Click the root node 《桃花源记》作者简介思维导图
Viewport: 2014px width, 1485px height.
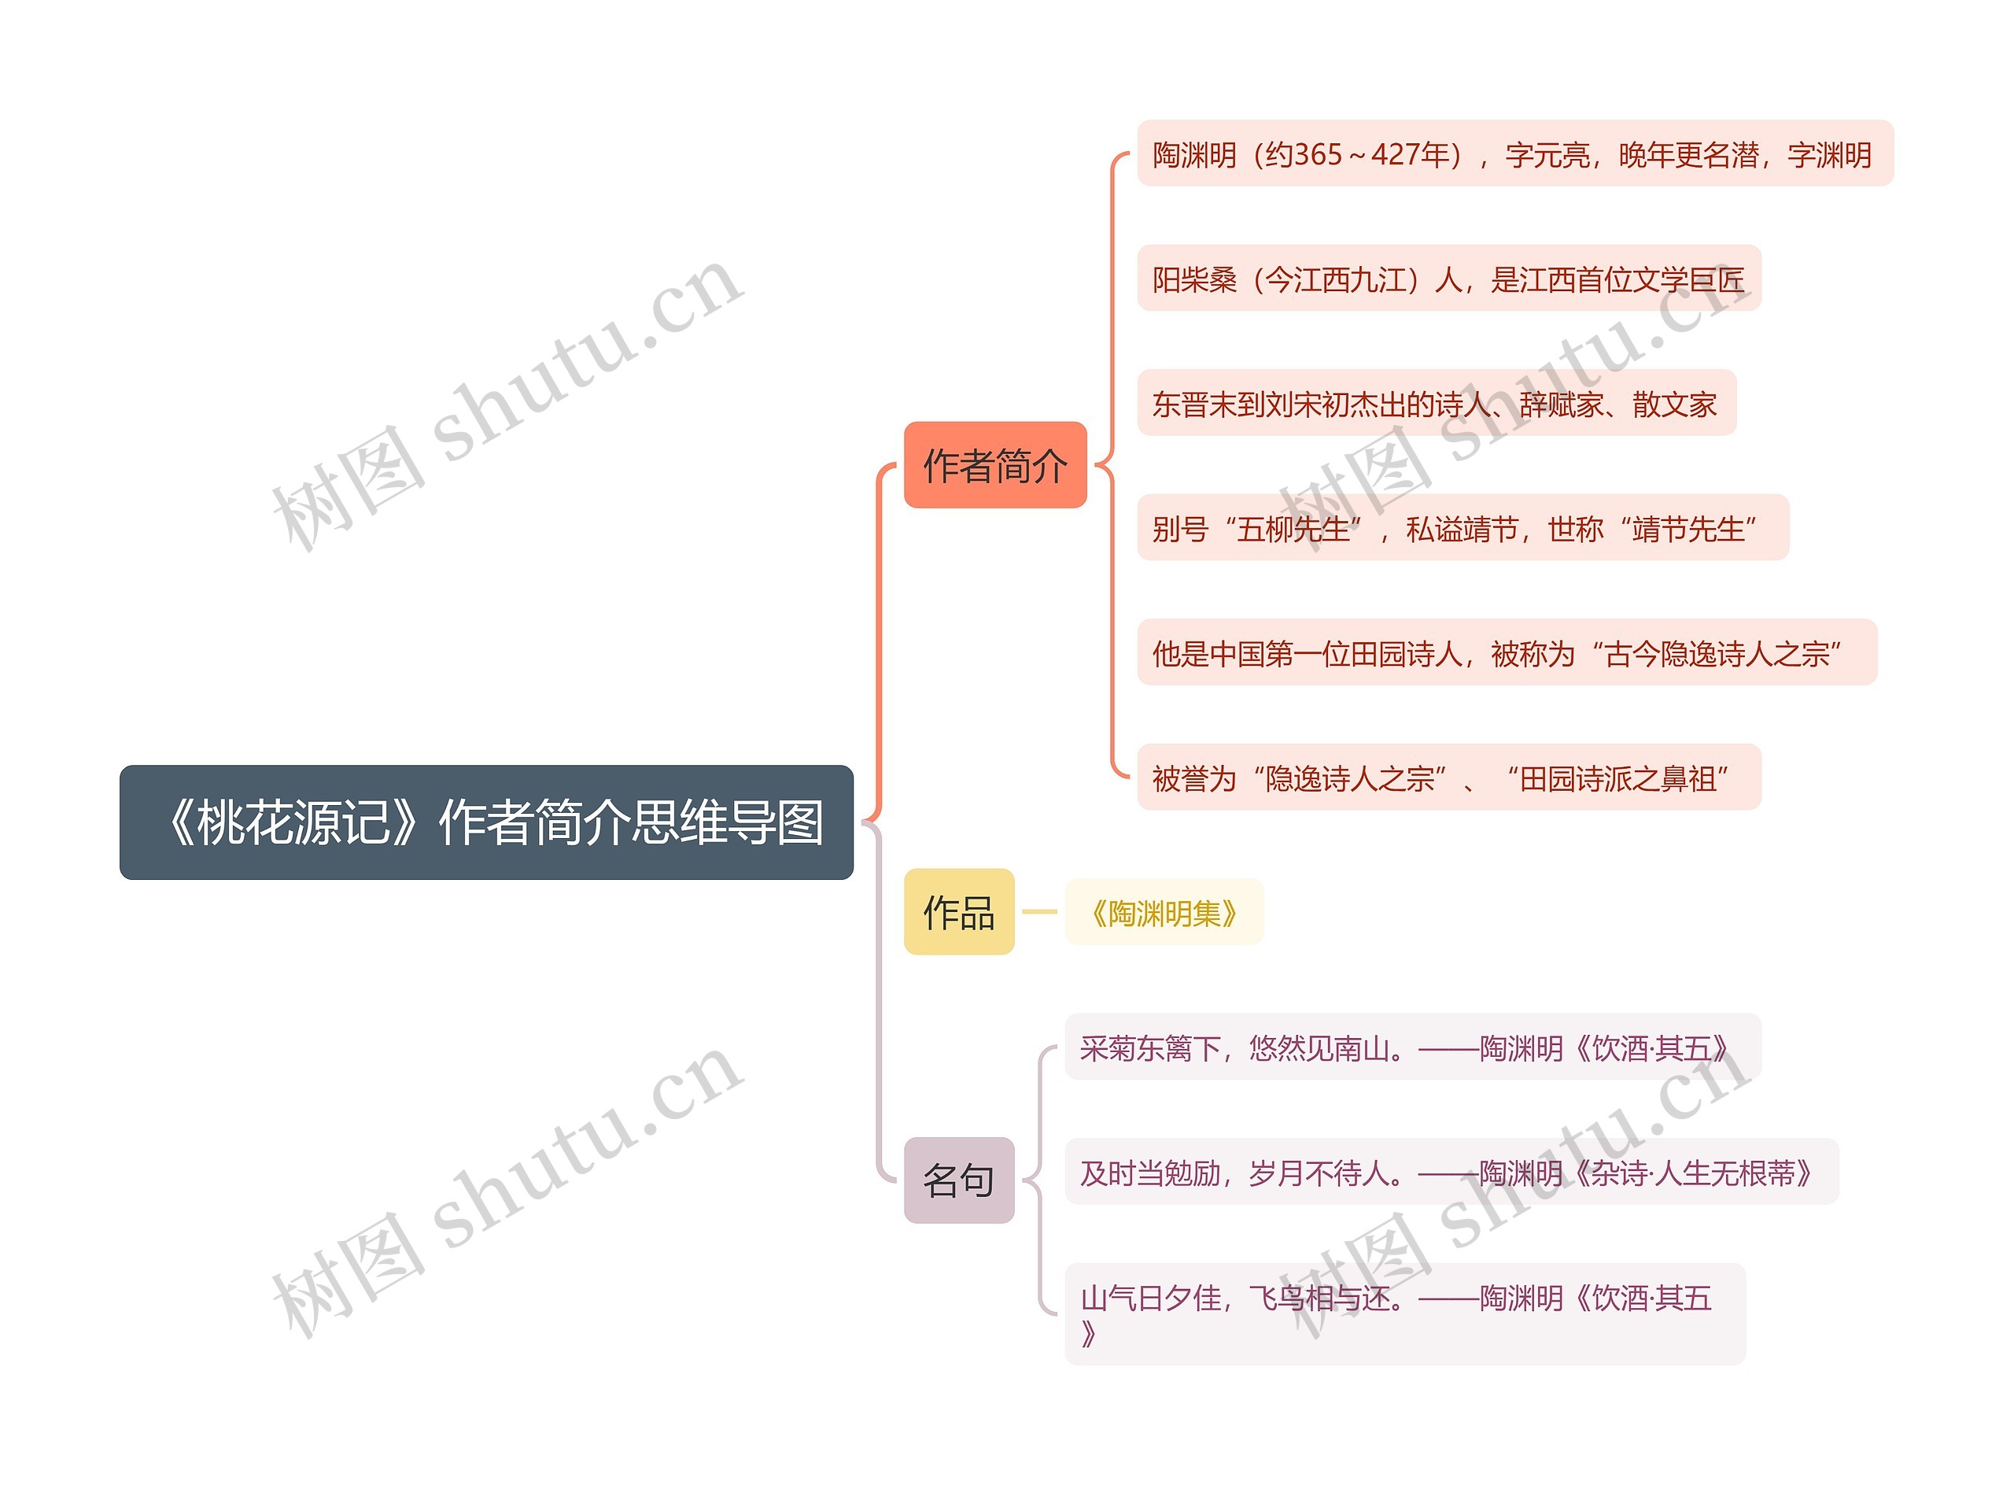[x=485, y=822]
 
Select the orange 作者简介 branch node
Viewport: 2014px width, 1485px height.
[x=995, y=465]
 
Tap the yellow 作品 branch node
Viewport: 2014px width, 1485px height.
[x=958, y=911]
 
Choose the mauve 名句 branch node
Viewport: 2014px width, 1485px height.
[x=958, y=1180]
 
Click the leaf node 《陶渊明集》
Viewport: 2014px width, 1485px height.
[x=1163, y=912]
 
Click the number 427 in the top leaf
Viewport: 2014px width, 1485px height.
[x=1398, y=154]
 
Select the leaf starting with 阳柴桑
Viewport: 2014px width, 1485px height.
[x=1448, y=279]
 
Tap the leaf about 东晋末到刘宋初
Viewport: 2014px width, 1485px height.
[x=1435, y=404]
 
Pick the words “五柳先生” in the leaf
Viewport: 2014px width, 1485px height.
[x=1293, y=529]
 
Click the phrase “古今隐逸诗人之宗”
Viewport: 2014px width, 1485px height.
[x=1716, y=653]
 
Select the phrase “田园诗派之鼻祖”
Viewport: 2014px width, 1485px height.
[x=1617, y=778]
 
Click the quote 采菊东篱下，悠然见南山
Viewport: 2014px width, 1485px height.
[x=1240, y=1048]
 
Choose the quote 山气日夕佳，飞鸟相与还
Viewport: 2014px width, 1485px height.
[x=1240, y=1298]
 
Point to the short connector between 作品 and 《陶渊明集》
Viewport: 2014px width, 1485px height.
[x=1040, y=911]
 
